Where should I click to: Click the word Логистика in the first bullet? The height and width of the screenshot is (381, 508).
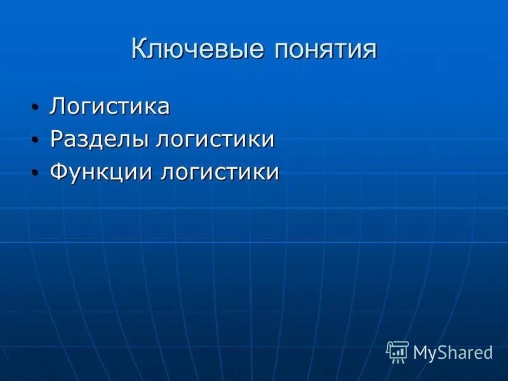coord(110,106)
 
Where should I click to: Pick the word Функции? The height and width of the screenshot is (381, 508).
coord(101,172)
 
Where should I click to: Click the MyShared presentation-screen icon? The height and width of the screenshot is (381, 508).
coord(398,351)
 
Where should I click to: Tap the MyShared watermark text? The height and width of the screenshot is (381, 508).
coord(453,352)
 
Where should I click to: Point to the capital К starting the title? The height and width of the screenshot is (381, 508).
coord(139,49)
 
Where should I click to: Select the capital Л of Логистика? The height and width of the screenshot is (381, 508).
coord(57,106)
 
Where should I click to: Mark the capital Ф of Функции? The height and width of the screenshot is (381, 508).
coord(58,172)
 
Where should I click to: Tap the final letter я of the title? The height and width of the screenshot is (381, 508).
coord(370,50)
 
